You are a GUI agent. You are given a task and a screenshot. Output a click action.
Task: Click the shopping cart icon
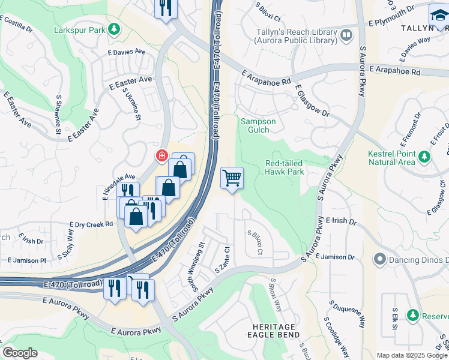point(232,178)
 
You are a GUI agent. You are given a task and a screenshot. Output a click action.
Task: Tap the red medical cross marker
point(161,157)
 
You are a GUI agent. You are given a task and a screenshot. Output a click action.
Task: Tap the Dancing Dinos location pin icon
point(379,260)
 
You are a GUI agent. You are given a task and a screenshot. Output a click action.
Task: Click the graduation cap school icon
point(439,16)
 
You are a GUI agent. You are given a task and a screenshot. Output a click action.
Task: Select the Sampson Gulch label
point(258,125)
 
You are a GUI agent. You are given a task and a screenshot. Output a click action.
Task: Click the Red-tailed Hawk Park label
point(285,167)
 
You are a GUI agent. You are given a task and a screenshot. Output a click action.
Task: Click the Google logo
point(20,353)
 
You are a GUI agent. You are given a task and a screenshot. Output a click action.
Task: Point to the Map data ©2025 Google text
point(411,355)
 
